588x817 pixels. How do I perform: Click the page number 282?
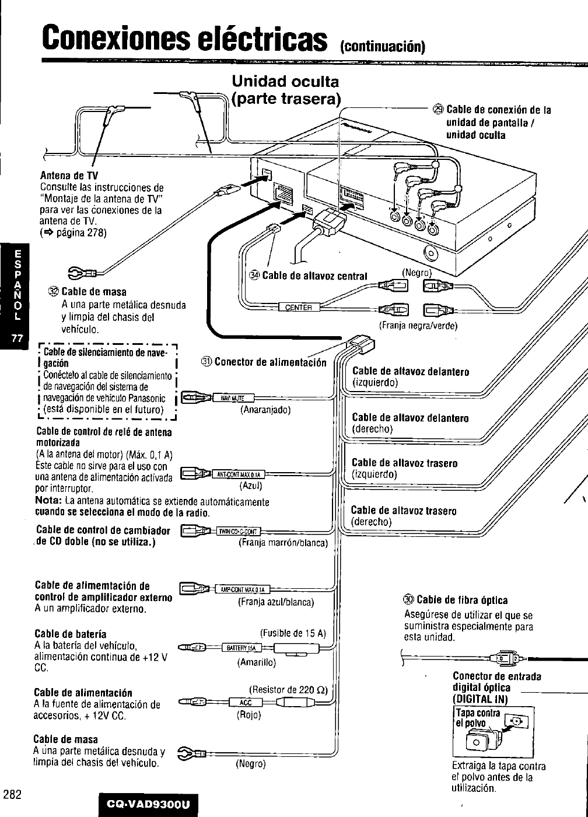click(12, 794)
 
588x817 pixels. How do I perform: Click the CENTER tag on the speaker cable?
click(299, 308)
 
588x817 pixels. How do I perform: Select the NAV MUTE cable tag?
click(230, 398)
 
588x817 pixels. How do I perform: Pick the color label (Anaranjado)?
click(265, 410)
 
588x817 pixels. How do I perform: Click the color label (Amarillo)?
click(256, 662)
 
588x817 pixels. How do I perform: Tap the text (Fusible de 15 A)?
click(293, 634)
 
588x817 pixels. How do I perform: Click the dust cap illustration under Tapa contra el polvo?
click(477, 743)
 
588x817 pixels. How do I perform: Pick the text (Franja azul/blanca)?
click(276, 602)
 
